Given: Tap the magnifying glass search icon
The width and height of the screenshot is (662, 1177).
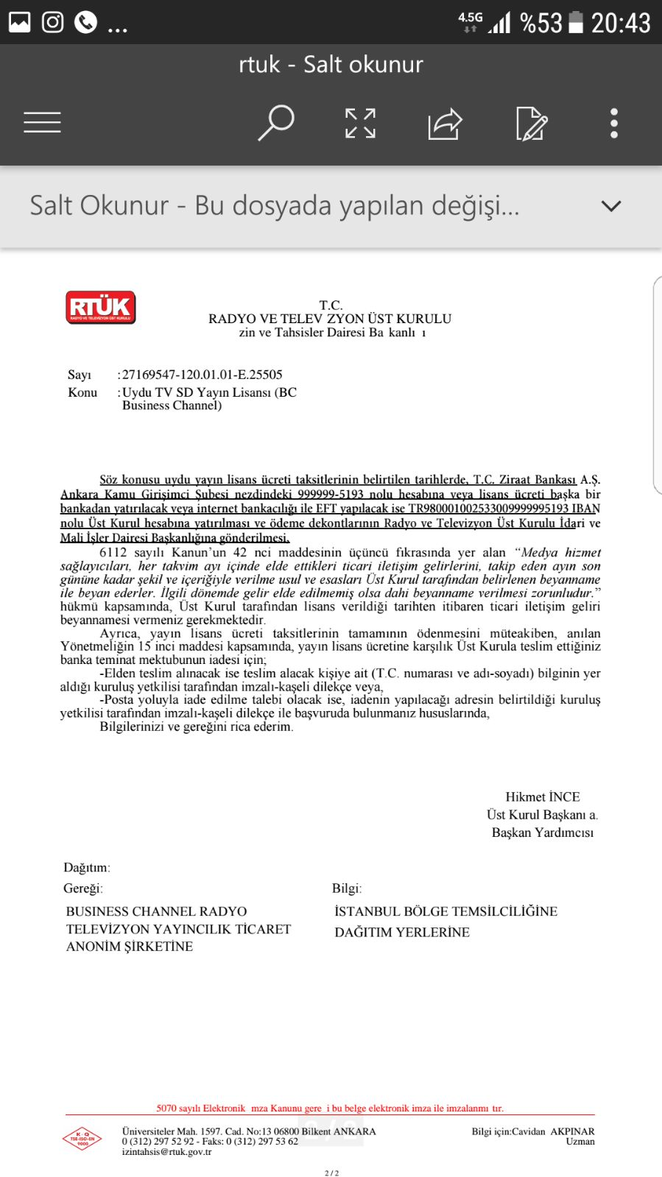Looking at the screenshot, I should click(x=276, y=122).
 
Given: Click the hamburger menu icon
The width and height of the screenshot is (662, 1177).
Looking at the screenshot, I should click(x=42, y=122).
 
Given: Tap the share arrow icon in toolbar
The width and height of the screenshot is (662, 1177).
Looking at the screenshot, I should click(x=445, y=123).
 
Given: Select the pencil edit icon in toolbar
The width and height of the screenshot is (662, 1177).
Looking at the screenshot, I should click(x=531, y=123).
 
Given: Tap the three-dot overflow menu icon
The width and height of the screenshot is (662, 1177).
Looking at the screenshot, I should click(x=614, y=123).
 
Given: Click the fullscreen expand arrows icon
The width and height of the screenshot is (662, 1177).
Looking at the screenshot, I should click(x=360, y=123).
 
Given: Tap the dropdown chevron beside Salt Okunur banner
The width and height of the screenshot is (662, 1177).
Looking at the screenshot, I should click(x=611, y=206).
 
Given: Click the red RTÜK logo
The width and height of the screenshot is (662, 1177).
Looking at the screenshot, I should click(x=101, y=308).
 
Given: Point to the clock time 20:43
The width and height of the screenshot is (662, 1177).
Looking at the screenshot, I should click(x=620, y=23).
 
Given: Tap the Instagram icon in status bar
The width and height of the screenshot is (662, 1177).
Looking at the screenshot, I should click(x=52, y=22).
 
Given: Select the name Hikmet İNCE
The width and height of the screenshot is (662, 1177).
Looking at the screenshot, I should click(x=542, y=796).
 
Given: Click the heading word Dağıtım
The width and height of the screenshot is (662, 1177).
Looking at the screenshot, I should click(x=86, y=867).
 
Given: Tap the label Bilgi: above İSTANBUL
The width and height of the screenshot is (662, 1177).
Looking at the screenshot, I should click(x=346, y=888).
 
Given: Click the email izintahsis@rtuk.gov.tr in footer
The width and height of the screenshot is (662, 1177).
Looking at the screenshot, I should click(x=166, y=1152).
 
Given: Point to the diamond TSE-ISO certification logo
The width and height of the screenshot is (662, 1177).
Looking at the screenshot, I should click(x=82, y=1139).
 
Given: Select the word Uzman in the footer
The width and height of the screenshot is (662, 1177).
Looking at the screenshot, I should click(x=580, y=1142).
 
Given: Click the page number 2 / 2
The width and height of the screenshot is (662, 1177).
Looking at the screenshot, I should click(x=331, y=1173).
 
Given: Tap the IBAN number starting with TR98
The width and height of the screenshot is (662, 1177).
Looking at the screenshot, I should click(x=488, y=509).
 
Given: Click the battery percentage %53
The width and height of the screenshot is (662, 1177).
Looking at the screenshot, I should click(x=540, y=23).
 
